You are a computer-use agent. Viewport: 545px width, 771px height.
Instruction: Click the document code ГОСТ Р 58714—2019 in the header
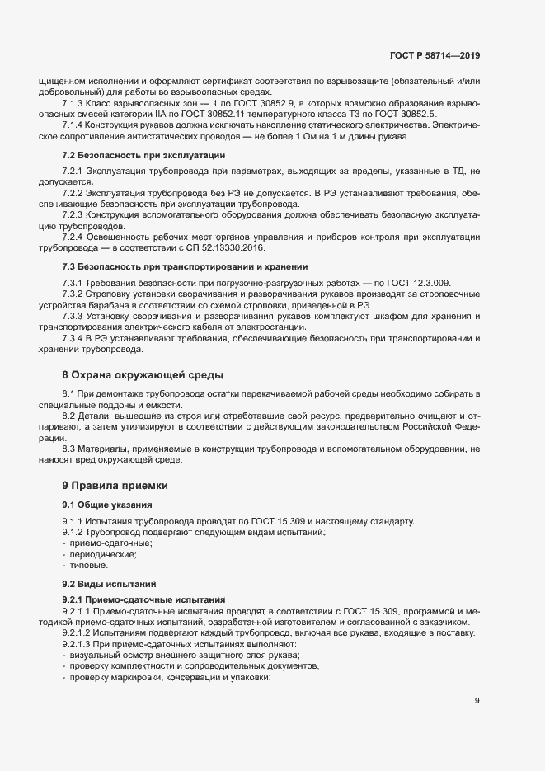[x=435, y=56]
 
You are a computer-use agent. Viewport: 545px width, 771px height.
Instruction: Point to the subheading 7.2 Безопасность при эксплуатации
[x=143, y=155]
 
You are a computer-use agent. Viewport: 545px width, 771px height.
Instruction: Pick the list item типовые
[x=87, y=566]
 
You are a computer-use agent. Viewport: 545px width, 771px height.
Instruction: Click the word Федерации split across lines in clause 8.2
[x=465, y=429]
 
